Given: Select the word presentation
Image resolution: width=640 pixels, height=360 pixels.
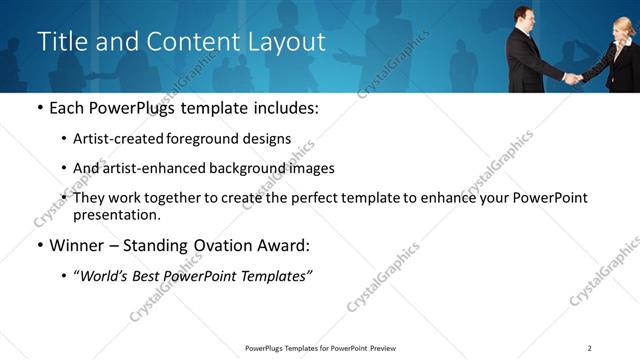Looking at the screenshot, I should click(x=115, y=214).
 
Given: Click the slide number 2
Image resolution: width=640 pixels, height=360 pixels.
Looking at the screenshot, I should click(x=589, y=347).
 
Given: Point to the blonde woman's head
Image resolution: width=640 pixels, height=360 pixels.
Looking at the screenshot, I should click(x=623, y=27).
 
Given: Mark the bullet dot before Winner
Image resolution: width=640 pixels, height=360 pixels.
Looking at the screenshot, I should click(x=39, y=246).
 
